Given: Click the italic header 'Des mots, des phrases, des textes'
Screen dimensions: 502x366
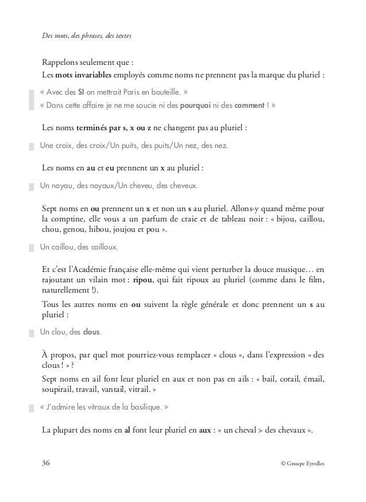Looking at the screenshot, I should pyautogui.click(x=87, y=37).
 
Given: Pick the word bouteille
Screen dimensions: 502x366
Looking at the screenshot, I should pyautogui.click(x=168, y=92).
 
